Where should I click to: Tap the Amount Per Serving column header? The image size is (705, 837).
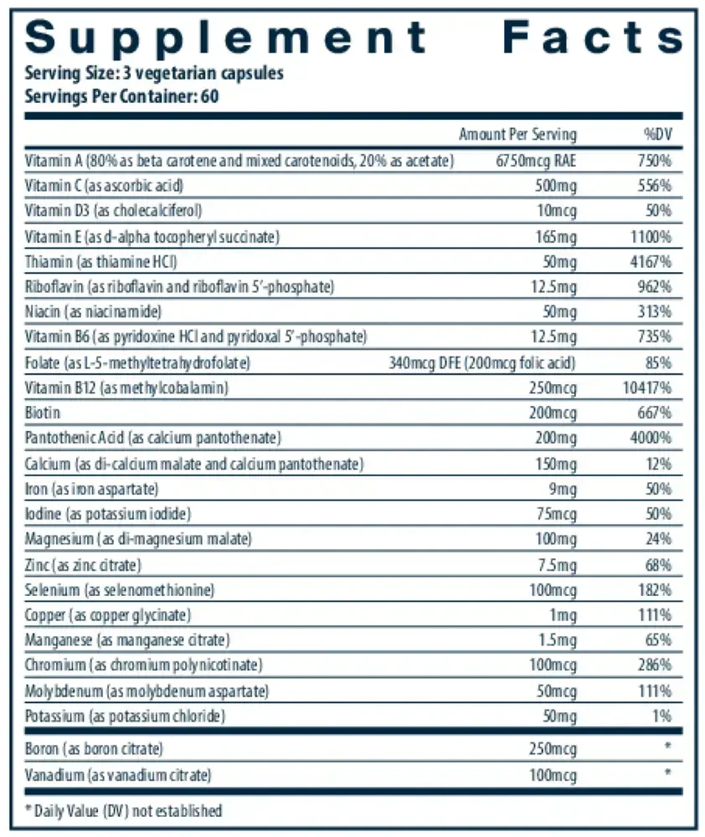[x=517, y=134]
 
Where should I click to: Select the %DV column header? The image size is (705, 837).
[x=657, y=134]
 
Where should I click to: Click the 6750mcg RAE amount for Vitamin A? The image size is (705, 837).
[x=536, y=160]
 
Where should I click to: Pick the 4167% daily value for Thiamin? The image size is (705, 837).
[x=651, y=261]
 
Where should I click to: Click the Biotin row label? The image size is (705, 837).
[x=42, y=413]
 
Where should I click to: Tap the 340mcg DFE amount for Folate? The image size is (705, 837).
[x=423, y=363]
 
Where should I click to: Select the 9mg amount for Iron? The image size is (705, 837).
[x=563, y=489]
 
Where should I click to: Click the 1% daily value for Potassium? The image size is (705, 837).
[x=661, y=716]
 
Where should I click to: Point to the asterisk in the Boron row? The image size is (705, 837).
[x=667, y=745]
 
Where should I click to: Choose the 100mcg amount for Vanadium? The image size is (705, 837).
[x=553, y=774]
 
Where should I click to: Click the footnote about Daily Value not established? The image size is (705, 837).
[x=123, y=811]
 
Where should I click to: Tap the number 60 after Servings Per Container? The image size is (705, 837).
[x=210, y=96]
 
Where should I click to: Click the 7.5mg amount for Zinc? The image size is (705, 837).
[x=557, y=565]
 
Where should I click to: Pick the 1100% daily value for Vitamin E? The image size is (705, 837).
[x=651, y=237]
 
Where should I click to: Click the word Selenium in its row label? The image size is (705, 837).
[x=53, y=590]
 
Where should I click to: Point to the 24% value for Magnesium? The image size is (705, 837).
[x=658, y=538]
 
